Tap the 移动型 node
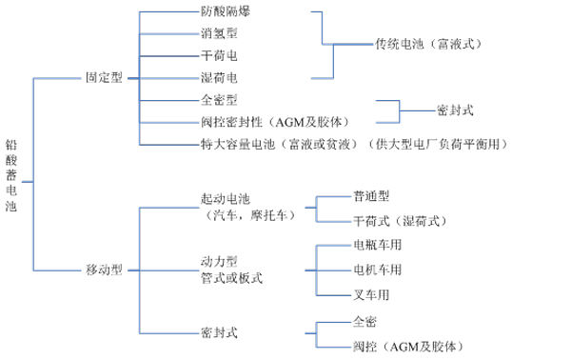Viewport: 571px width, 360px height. coord(105,270)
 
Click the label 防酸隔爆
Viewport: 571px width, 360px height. coord(226,12)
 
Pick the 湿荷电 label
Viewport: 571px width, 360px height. coord(219,76)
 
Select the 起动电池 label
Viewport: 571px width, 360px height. coord(225,199)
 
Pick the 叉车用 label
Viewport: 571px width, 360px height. coord(371,293)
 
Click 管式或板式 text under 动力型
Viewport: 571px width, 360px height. coord(231,277)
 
